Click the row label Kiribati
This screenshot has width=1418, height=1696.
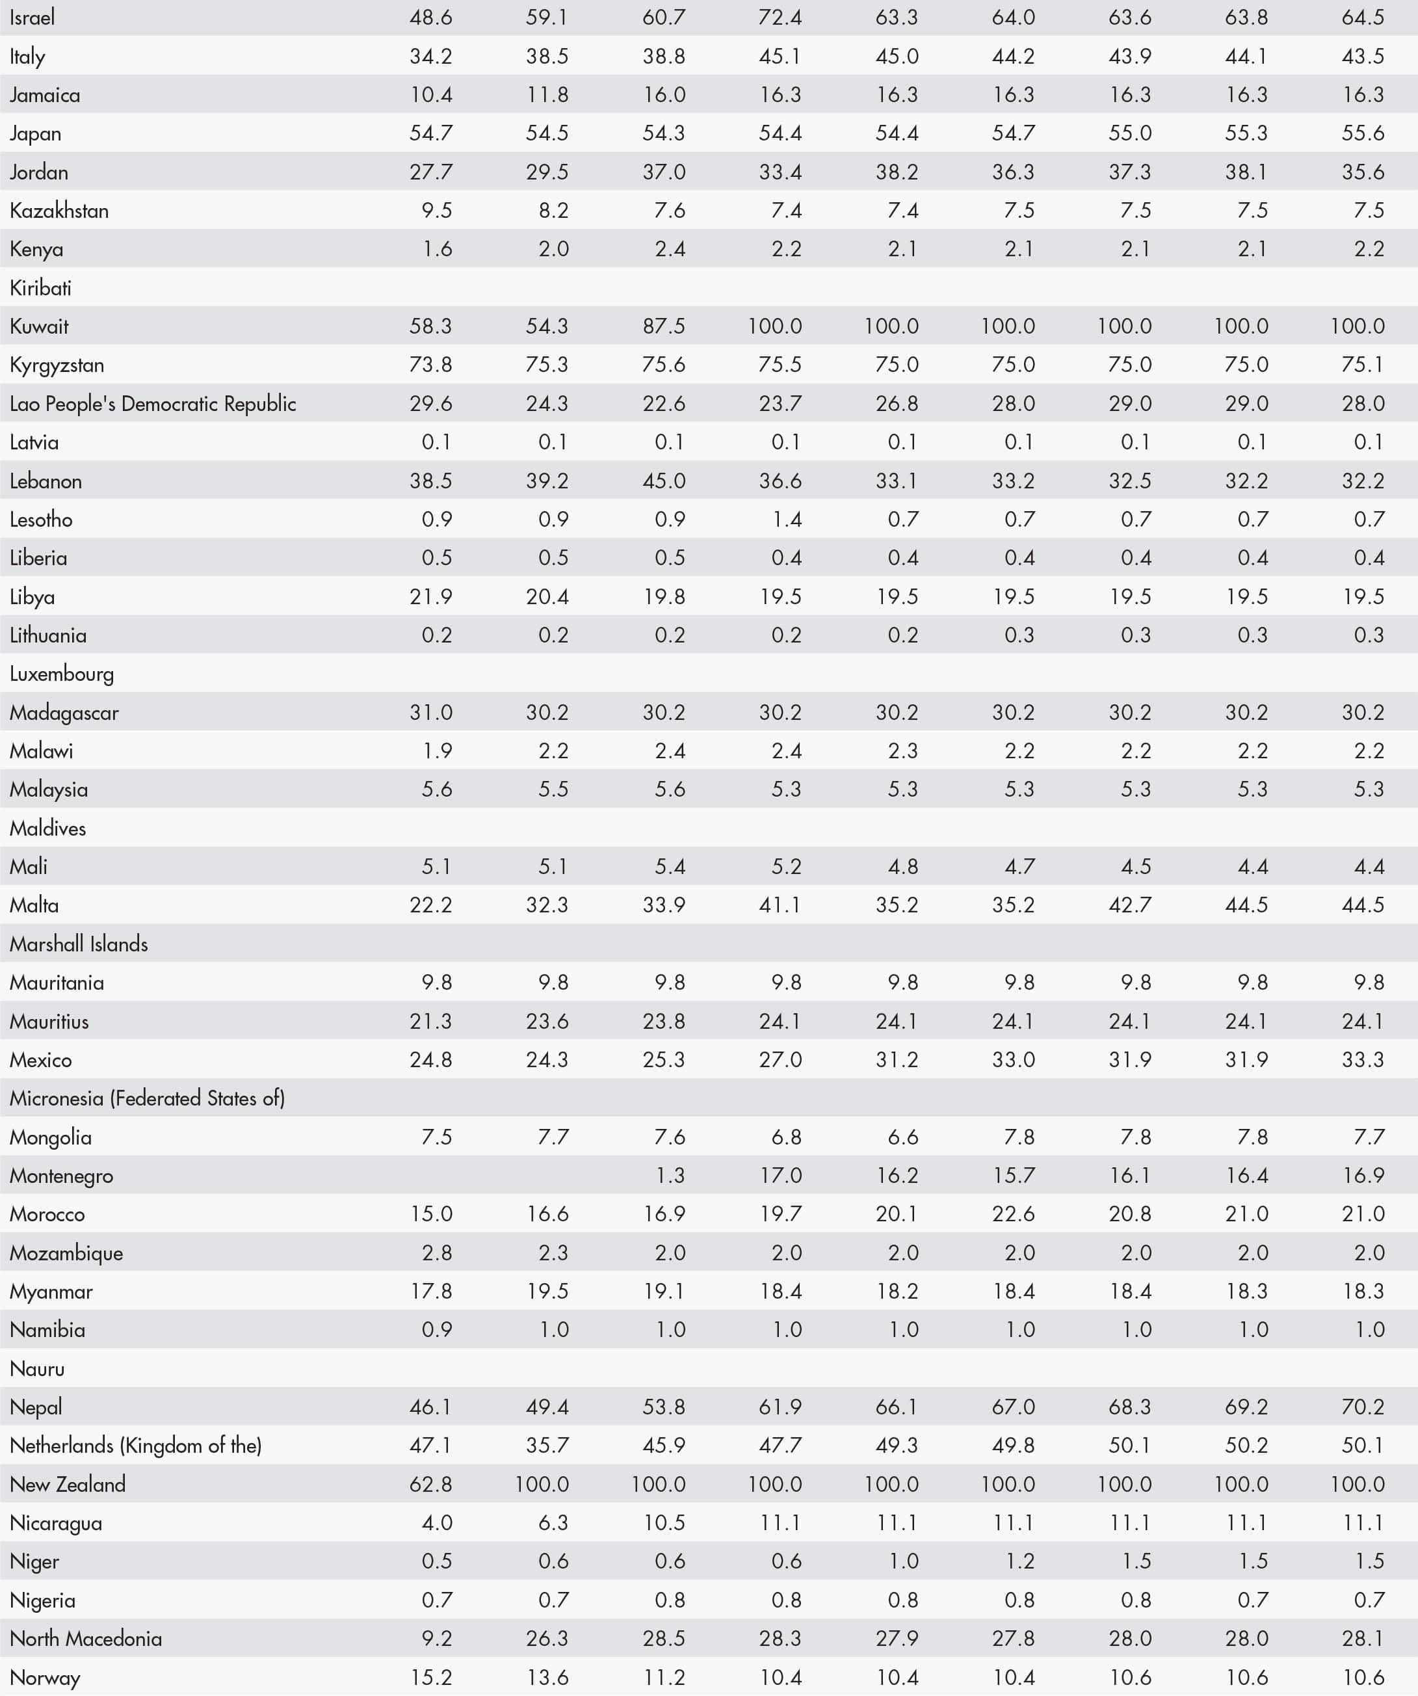[x=40, y=287]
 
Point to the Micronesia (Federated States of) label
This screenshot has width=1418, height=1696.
[x=147, y=1098]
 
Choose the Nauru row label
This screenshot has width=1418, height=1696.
[x=37, y=1368]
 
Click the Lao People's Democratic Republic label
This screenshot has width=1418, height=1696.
[x=153, y=404]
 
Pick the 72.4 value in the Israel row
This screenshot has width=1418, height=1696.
[x=780, y=17]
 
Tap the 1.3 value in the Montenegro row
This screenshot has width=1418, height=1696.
[x=670, y=1175]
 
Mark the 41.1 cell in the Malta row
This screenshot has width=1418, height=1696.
[x=780, y=905]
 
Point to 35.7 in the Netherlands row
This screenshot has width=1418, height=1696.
[x=547, y=1446]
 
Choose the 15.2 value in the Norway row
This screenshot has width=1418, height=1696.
[x=430, y=1677]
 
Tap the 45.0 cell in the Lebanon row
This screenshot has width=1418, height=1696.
[x=663, y=481]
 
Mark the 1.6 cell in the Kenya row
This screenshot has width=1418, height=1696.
[x=437, y=249]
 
